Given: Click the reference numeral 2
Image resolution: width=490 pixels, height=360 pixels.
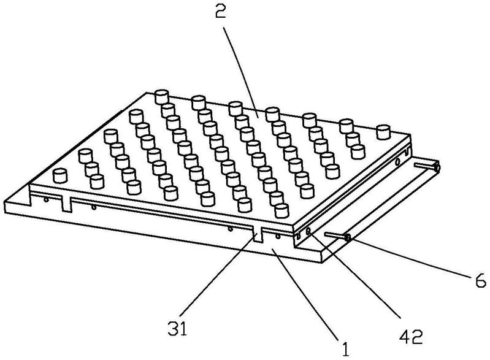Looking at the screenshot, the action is pyautogui.click(x=220, y=12).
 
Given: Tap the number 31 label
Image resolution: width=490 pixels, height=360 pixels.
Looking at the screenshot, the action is pyautogui.click(x=177, y=329).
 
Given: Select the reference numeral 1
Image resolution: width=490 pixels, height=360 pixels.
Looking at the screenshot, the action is pyautogui.click(x=345, y=349).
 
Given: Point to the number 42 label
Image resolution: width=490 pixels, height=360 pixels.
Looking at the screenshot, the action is pyautogui.click(x=412, y=337).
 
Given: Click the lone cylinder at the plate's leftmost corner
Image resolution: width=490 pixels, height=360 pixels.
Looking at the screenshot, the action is pyautogui.click(x=60, y=175).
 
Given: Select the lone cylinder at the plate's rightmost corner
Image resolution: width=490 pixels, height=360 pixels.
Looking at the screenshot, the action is pyautogui.click(x=383, y=132).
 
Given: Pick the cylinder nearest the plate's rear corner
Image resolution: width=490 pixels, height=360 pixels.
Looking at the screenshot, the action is pyautogui.click(x=161, y=96).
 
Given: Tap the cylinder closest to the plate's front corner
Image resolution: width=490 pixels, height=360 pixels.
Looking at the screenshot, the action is pyautogui.click(x=282, y=210).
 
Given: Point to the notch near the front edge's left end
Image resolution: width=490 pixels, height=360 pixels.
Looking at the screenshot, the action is pyautogui.click(x=67, y=204).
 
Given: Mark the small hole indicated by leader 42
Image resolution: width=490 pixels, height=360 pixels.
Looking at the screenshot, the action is pyautogui.click(x=308, y=231).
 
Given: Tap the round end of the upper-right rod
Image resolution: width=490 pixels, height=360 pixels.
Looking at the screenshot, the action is pyautogui.click(x=437, y=167).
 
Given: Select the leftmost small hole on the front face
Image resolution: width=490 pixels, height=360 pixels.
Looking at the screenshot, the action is pyautogui.click(x=46, y=200).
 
